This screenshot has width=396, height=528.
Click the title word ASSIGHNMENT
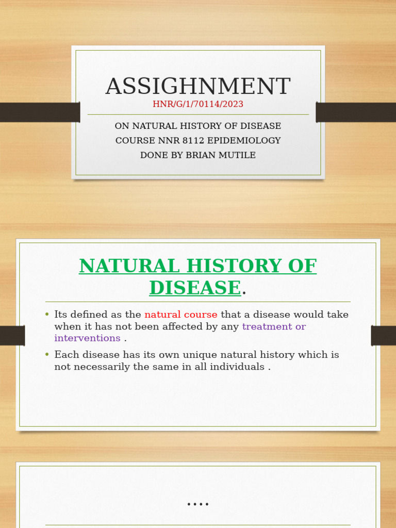point(198,87)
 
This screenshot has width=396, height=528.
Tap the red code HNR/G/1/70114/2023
point(198,104)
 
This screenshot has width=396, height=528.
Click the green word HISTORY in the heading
point(229,266)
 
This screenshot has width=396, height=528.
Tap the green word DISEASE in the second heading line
point(195,287)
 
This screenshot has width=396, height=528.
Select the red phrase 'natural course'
point(181,315)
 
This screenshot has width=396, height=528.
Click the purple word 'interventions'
point(88,338)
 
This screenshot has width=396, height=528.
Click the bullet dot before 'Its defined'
point(47,315)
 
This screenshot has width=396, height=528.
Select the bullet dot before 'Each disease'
point(47,355)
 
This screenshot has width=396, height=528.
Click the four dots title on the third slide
point(198,504)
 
